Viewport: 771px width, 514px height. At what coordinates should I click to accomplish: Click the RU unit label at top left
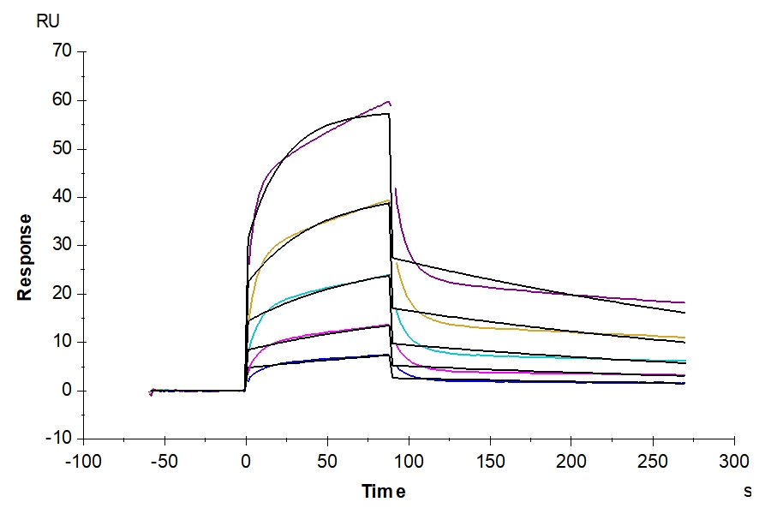(x=47, y=22)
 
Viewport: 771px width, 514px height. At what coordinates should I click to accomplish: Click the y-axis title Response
(x=25, y=257)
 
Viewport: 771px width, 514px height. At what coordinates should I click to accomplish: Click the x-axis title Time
(x=383, y=492)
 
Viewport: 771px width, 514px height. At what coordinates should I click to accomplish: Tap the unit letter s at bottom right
(x=747, y=492)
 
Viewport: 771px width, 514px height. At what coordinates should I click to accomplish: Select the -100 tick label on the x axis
(x=83, y=461)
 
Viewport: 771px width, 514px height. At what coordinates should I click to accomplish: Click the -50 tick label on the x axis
(x=164, y=461)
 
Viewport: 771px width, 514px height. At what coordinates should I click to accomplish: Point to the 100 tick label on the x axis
(x=409, y=461)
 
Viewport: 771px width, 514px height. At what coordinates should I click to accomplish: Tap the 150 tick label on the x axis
(x=490, y=461)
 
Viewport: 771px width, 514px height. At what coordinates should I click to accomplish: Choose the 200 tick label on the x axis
(x=571, y=461)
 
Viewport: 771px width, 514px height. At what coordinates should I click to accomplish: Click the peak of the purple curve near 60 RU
(x=389, y=102)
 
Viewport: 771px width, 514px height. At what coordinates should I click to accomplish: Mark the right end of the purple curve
(x=684, y=302)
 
